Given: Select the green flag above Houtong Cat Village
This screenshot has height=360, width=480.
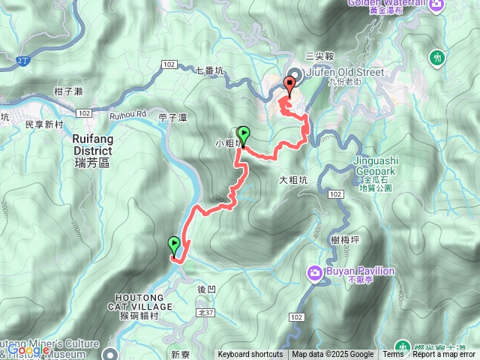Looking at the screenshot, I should [x=174, y=245].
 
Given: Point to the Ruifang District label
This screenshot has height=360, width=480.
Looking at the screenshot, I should [x=92, y=144].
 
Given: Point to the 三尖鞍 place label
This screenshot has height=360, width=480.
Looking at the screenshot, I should [x=319, y=55].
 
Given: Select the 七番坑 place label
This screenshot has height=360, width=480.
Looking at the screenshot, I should [x=209, y=71].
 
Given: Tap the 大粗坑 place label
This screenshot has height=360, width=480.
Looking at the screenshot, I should [x=294, y=180].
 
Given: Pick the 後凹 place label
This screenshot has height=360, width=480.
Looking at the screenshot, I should [x=206, y=289].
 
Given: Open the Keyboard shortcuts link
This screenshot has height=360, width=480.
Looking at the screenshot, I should [x=250, y=355].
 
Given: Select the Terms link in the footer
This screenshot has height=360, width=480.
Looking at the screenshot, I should [x=393, y=355].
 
